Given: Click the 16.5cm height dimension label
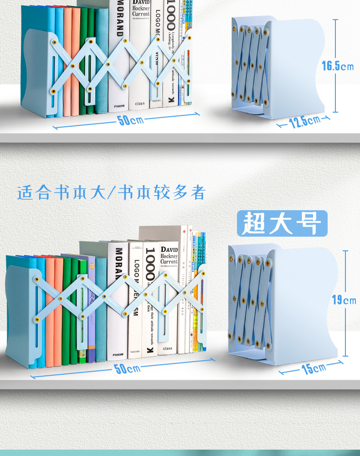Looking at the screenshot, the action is [337, 66].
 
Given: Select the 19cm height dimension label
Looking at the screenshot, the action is [344, 300].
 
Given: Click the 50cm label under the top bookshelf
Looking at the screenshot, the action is [131, 120].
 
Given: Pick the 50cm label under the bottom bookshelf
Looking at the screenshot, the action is [127, 368].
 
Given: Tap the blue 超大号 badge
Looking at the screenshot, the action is [282, 223].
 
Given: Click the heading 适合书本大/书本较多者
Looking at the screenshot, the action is [112, 192].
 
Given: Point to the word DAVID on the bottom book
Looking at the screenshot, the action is [169, 250].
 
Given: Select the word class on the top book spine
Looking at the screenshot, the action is [140, 104].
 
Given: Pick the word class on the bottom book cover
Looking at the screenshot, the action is [168, 348].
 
